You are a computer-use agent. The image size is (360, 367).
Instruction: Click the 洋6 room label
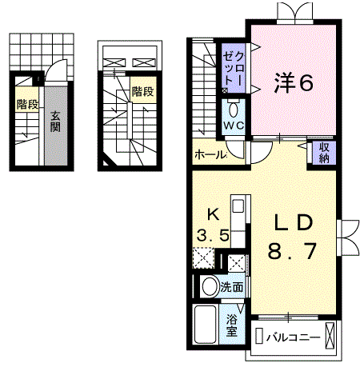294,82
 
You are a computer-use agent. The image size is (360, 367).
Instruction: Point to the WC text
234,127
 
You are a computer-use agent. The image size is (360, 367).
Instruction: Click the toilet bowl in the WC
234,110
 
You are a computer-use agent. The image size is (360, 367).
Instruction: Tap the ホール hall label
210,154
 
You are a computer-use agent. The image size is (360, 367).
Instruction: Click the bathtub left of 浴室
205,325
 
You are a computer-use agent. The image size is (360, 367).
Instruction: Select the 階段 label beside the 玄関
26,103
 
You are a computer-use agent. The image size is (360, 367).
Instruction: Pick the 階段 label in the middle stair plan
142,91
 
